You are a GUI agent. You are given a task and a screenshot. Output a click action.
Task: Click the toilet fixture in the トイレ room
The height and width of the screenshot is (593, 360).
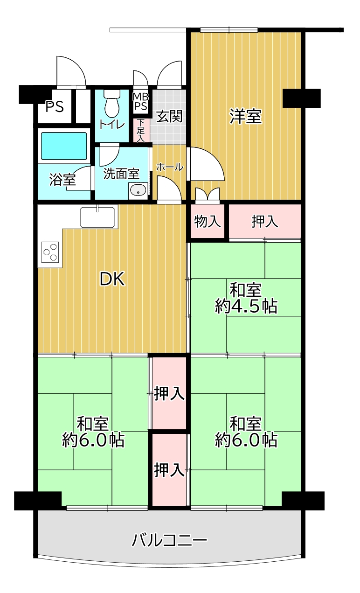112,104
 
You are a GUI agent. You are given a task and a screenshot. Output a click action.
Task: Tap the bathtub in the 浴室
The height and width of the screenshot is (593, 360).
64,146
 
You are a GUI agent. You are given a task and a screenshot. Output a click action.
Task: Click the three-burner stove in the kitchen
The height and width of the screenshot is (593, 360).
50,252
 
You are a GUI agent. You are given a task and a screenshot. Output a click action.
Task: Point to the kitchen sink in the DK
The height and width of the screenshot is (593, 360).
97,217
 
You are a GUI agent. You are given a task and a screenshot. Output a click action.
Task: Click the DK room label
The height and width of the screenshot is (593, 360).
112,279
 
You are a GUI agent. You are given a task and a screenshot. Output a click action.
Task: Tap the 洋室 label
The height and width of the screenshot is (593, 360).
246,116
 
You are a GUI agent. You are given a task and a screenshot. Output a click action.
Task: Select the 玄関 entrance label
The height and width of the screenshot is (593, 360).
169,116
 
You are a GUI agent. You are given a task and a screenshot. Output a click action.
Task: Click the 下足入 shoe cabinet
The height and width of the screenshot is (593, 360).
141,130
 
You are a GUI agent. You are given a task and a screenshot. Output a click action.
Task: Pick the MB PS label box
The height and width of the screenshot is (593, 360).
141,101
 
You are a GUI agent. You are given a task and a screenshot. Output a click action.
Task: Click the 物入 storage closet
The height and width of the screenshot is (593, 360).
208,221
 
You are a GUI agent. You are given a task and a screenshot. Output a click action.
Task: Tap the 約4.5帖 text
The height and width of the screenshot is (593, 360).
246,306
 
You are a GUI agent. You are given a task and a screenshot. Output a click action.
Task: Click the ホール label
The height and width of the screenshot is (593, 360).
170,167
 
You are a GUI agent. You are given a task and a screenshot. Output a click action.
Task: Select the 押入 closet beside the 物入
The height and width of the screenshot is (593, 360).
265,221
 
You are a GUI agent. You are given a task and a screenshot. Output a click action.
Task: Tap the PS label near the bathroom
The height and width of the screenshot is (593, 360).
55,106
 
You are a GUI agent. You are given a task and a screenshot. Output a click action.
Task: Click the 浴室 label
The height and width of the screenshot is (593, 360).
62,180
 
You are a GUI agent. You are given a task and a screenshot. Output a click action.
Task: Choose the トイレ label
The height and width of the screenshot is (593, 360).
112,125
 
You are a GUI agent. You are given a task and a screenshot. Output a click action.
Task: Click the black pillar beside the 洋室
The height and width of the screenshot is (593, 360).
302,98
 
